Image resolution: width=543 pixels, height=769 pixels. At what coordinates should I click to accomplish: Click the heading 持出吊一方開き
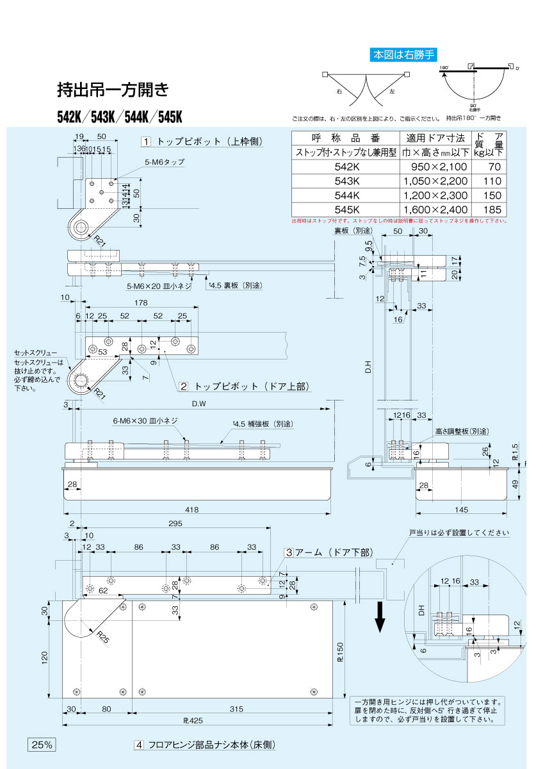(113, 90)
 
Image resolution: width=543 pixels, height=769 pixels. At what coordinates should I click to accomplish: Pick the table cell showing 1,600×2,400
(435, 210)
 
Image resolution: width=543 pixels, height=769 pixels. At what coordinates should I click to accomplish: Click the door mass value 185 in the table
(492, 210)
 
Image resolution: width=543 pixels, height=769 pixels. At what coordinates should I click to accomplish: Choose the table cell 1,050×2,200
(435, 181)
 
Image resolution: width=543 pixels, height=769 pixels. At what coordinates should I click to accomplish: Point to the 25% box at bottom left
(42, 745)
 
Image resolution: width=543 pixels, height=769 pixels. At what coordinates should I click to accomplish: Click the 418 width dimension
(192, 510)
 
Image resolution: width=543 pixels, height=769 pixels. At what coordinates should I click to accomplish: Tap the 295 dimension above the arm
(175, 524)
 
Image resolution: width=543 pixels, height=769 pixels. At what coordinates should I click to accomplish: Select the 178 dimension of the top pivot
(141, 303)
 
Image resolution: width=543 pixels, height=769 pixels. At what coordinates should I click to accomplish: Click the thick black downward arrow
(380, 616)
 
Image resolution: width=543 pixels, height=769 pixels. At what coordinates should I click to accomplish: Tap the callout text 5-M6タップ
(164, 162)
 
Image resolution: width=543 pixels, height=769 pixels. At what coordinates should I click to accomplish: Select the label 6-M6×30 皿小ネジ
(145, 421)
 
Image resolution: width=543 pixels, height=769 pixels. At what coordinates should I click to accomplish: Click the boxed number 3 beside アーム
(289, 552)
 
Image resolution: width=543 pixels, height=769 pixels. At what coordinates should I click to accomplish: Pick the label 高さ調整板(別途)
(461, 431)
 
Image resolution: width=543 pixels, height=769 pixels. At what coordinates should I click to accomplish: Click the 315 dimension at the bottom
(236, 709)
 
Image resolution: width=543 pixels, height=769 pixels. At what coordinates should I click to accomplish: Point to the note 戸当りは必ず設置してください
(458, 533)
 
